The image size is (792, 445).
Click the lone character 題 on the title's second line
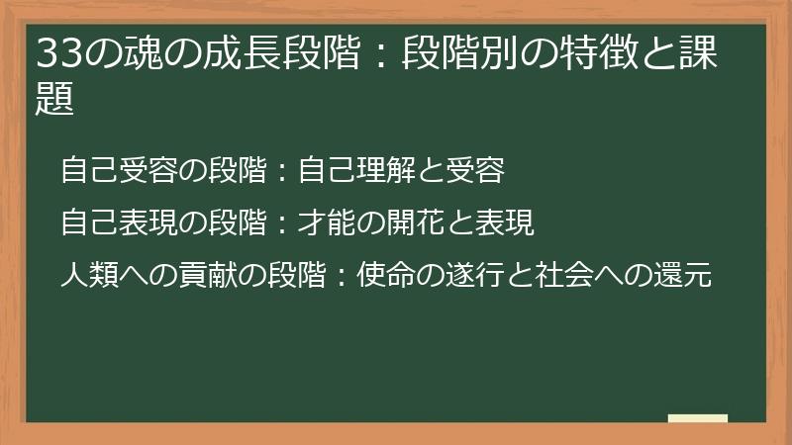pyautogui.click(x=55, y=99)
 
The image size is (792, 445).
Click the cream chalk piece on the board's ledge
pyautogui.click(x=698, y=418)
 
